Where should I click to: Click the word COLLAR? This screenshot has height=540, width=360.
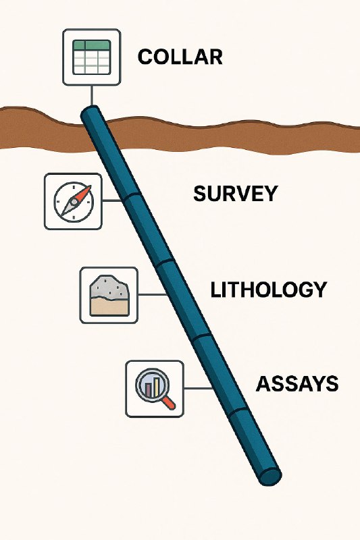(180, 57)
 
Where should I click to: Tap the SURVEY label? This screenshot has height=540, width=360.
(235, 194)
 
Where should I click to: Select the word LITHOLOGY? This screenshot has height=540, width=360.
(268, 290)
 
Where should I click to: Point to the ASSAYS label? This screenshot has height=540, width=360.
(297, 383)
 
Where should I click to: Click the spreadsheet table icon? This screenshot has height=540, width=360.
(92, 57)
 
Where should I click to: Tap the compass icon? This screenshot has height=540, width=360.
(74, 201)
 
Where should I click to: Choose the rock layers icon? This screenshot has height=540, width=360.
(109, 296)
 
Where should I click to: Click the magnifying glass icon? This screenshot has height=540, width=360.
(155, 389)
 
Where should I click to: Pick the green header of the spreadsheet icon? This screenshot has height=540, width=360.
(92, 45)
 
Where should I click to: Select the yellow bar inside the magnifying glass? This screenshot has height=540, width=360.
(157, 386)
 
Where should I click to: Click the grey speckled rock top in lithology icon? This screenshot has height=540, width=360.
(109, 285)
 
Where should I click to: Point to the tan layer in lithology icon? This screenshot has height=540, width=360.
(109, 306)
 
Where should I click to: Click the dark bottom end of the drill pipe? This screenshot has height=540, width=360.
(270, 477)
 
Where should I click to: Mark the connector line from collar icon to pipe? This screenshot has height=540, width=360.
(92, 95)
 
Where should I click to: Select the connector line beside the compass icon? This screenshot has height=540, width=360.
(112, 200)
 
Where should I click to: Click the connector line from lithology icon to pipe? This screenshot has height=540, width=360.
(153, 294)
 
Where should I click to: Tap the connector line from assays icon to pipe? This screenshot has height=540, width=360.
(199, 388)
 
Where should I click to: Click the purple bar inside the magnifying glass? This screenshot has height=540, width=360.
(149, 389)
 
